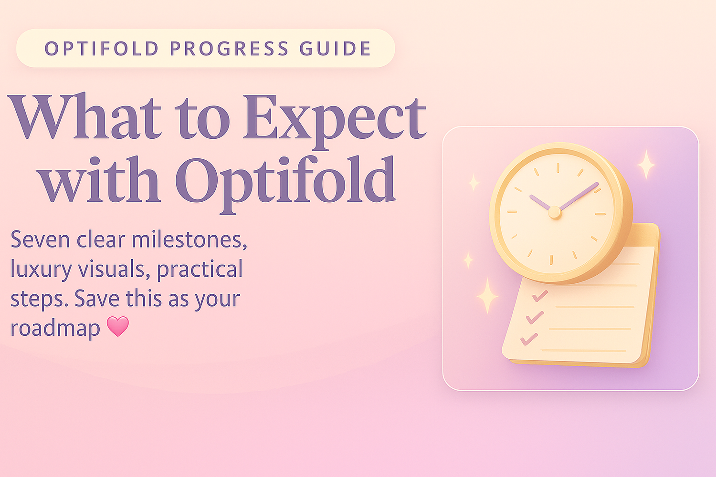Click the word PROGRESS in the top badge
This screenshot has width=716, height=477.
click(229, 49)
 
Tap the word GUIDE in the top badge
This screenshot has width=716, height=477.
click(336, 49)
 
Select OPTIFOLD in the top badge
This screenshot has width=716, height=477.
click(102, 49)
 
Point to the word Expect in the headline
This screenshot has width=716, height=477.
click(335, 119)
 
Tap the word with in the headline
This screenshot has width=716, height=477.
click(100, 180)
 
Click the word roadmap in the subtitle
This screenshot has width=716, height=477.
click(55, 328)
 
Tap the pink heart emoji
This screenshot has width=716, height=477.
click(118, 327)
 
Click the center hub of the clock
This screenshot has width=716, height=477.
click(554, 212)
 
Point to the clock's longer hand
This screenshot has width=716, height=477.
click(579, 196)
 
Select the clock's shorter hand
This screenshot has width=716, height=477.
click(540, 203)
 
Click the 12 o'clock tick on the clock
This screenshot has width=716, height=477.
click(557, 167)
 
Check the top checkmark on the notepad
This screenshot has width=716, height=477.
click(540, 296)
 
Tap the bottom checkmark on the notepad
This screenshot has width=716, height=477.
click(529, 339)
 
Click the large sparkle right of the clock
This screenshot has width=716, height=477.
click(646, 164)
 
